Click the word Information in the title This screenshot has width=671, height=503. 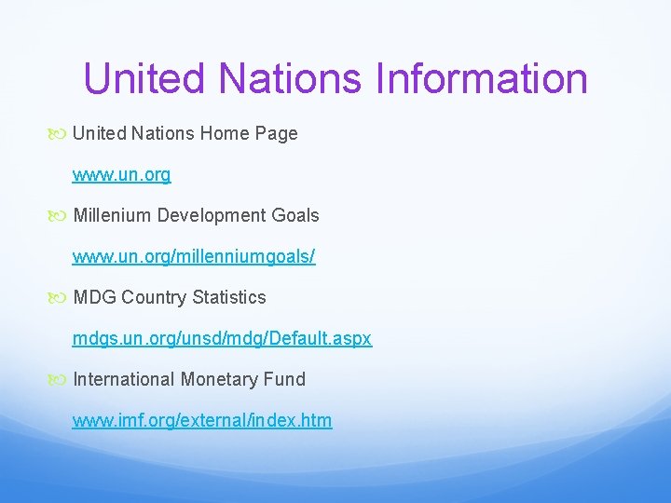(482, 79)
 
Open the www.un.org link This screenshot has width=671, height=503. (122, 175)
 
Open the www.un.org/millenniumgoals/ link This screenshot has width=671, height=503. (194, 257)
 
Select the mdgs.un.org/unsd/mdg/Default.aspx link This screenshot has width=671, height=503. (222, 339)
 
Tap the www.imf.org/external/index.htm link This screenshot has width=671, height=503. (202, 421)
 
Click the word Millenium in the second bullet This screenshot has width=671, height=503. (112, 216)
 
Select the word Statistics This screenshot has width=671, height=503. (229, 298)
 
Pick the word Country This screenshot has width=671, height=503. (154, 298)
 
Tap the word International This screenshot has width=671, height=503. (124, 380)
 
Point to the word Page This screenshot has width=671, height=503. (274, 134)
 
